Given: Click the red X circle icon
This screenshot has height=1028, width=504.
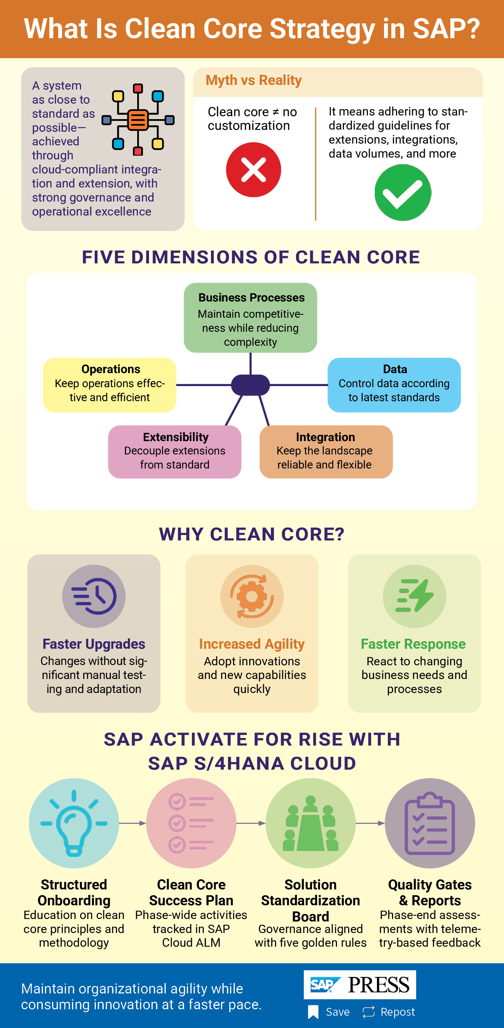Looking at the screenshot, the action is pyautogui.click(x=253, y=169).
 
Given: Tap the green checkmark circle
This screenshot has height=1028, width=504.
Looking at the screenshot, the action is pyautogui.click(x=403, y=193).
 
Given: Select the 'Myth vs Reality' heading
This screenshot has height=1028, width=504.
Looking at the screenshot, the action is pyautogui.click(x=253, y=80).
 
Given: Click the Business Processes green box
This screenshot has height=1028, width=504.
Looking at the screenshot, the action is pyautogui.click(x=251, y=318).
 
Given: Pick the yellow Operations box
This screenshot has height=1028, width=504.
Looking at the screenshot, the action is pyautogui.click(x=110, y=385).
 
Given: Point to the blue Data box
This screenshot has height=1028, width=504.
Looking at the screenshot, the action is pyautogui.click(x=394, y=385).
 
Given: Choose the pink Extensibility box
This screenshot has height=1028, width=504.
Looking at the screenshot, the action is pyautogui.click(x=175, y=452).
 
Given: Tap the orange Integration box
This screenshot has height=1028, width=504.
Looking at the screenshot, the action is pyautogui.click(x=326, y=452).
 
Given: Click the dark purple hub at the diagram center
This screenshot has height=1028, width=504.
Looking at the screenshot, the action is pyautogui.click(x=251, y=385).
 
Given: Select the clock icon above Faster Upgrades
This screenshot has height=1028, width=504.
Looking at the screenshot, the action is pyautogui.click(x=94, y=596).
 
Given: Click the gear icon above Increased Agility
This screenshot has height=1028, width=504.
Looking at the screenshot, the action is pyautogui.click(x=252, y=596).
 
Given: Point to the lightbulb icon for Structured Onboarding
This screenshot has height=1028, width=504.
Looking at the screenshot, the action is pyautogui.click(x=74, y=823).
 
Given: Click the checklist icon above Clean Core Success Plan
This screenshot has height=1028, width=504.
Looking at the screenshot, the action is pyautogui.click(x=191, y=823).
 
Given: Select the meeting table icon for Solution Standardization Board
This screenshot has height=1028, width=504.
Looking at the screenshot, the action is pyautogui.click(x=311, y=823).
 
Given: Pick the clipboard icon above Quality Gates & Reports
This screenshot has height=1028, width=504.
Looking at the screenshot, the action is pyautogui.click(x=430, y=823).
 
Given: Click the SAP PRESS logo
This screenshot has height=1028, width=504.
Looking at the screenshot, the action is pyautogui.click(x=360, y=984).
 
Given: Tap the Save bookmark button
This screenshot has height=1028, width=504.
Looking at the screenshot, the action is pyautogui.click(x=329, y=1012).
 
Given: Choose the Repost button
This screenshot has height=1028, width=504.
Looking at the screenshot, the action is pyautogui.click(x=388, y=1012).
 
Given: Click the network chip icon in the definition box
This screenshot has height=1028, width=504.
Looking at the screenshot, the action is pyautogui.click(x=138, y=120).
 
